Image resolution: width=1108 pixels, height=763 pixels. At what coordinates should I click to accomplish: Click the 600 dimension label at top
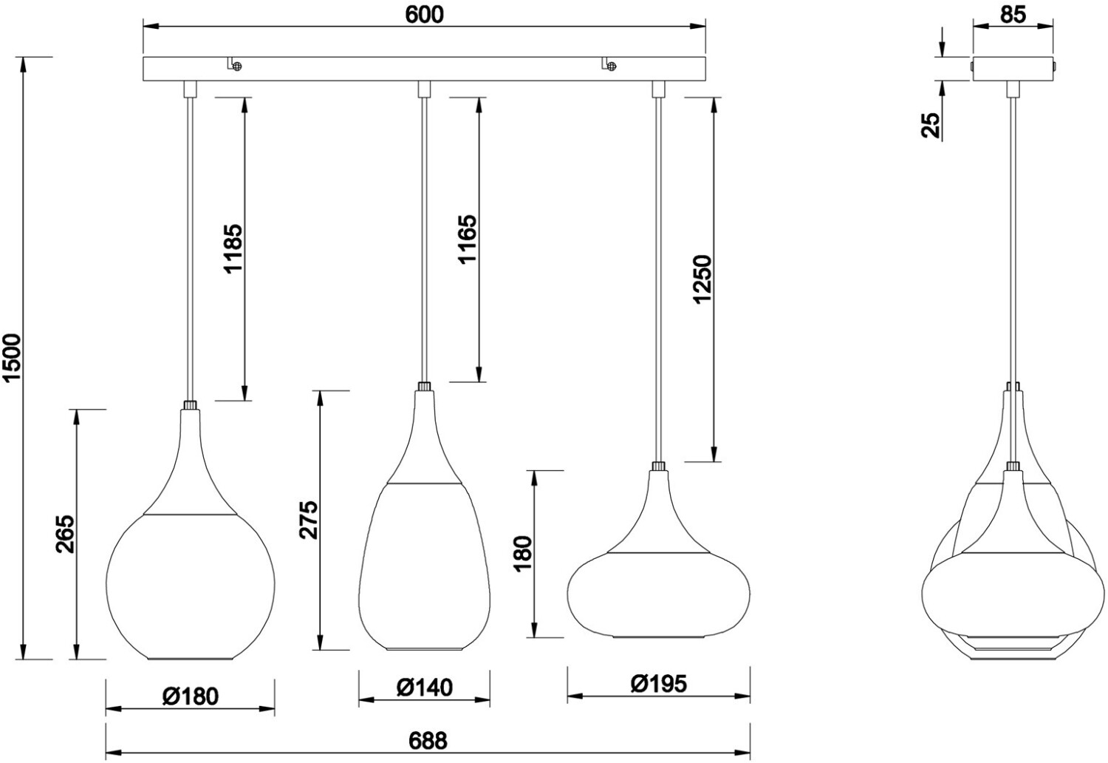[425, 14]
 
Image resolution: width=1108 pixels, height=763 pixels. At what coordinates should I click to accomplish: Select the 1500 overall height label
[12, 358]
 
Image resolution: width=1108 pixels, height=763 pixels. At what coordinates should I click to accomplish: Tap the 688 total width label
[428, 742]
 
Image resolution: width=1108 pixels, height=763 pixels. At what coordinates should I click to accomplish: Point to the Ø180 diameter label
[190, 696]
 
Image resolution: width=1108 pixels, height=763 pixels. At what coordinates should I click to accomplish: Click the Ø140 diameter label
[425, 688]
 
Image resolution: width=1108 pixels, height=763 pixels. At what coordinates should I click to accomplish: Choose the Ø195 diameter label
[659, 685]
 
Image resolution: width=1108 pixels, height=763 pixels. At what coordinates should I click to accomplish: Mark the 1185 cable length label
[233, 248]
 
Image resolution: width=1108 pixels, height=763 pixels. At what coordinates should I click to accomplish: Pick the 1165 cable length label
[468, 239]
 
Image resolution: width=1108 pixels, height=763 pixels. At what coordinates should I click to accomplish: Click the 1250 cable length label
[702, 279]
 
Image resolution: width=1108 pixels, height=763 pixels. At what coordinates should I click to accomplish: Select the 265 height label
[65, 534]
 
